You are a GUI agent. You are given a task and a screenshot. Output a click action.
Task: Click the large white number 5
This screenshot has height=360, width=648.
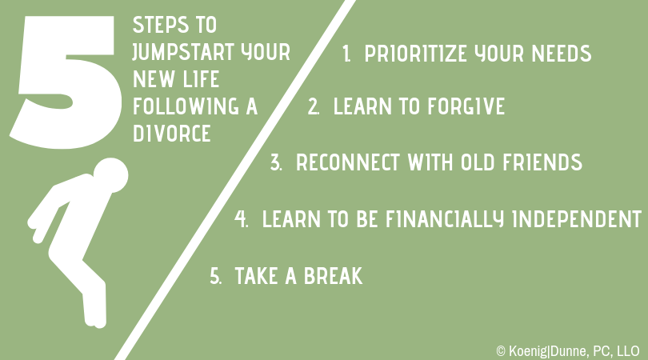[66, 82]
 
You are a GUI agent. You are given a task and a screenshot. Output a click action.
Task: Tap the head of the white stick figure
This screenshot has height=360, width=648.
[110, 175]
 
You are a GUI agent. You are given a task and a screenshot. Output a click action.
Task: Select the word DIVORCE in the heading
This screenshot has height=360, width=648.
[171, 133]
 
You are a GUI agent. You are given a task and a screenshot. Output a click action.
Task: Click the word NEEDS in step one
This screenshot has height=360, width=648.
[562, 54]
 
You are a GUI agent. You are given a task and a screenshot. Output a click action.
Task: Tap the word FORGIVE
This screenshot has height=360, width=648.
[466, 106]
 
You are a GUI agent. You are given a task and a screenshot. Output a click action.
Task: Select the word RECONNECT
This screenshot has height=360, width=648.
[348, 162]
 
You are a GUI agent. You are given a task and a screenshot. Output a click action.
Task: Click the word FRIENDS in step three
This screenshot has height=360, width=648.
[542, 162]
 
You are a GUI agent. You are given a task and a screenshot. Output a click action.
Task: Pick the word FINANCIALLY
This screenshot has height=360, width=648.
[445, 219]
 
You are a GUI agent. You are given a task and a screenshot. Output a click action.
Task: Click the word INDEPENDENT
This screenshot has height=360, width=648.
[577, 219]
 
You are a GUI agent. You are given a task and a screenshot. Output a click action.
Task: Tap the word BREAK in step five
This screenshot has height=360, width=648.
[333, 276]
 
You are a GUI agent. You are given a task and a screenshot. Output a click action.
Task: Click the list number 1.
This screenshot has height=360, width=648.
[346, 54]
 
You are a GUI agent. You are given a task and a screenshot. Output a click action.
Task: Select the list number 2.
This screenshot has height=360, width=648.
[313, 106]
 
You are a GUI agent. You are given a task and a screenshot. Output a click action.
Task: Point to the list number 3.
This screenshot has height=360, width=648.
[276, 162]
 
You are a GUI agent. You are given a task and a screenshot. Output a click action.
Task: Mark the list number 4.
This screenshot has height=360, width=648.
[241, 219]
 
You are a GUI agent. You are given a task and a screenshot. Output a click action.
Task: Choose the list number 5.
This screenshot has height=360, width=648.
[215, 276]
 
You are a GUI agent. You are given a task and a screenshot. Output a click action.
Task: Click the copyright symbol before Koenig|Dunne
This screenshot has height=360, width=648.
[501, 351]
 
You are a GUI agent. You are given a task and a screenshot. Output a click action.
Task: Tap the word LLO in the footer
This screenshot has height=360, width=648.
[628, 351]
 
